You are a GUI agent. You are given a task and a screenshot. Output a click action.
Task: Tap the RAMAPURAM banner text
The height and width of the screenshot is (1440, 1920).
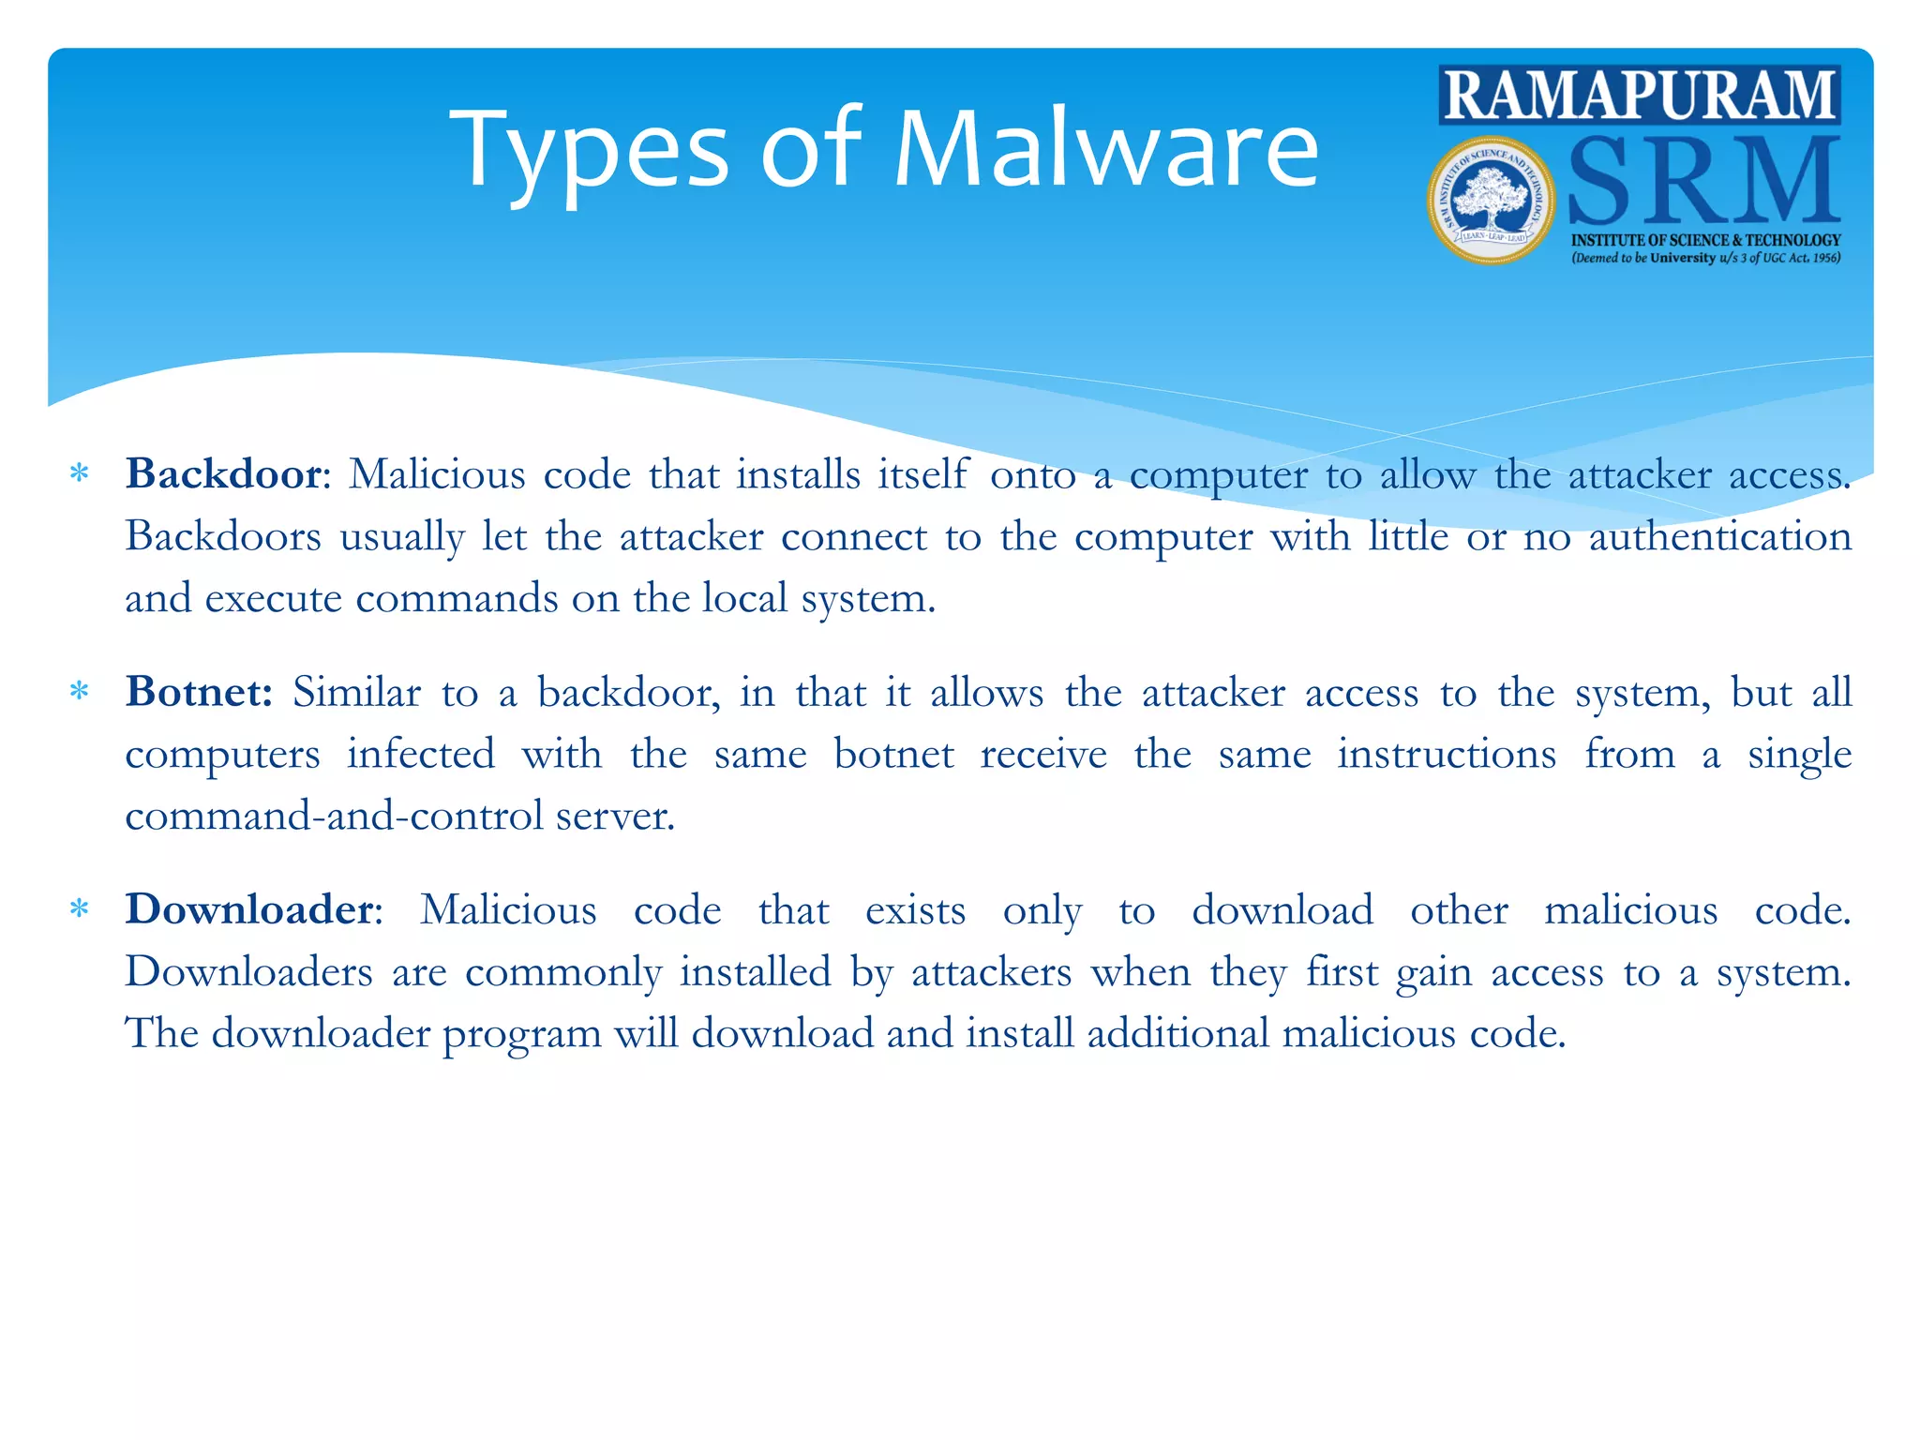(1640, 95)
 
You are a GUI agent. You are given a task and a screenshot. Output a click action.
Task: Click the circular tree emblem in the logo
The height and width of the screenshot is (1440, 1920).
(1491, 201)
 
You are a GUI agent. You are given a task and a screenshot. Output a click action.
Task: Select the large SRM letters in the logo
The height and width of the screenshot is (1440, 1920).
(1702, 181)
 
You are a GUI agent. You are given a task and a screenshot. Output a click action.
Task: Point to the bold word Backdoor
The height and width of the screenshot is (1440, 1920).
(224, 474)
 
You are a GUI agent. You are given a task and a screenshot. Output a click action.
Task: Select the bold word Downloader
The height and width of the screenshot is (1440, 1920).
(250, 909)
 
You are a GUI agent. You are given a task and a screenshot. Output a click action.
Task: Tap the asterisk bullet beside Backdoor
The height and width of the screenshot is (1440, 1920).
(80, 474)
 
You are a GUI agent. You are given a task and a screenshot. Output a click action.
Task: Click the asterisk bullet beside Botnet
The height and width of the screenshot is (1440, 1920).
(80, 693)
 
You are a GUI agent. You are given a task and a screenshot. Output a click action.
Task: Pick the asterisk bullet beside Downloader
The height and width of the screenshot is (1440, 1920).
(80, 910)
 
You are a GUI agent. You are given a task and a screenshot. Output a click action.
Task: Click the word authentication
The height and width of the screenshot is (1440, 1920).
(1719, 537)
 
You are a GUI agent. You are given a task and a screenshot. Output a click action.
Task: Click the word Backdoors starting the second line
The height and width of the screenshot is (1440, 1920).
(223, 537)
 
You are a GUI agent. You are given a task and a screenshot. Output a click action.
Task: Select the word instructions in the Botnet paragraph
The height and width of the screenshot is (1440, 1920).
(1447, 755)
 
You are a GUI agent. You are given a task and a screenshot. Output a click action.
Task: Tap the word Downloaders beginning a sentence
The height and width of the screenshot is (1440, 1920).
(249, 972)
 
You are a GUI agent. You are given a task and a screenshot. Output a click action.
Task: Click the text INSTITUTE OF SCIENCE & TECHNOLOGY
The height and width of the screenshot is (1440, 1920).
(1705, 240)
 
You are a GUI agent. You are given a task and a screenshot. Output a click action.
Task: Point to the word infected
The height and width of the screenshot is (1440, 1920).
(421, 755)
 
